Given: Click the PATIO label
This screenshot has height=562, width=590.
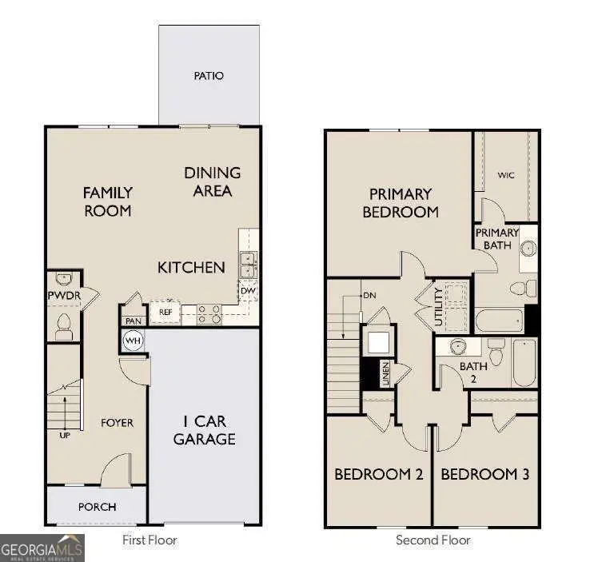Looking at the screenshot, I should [x=209, y=76].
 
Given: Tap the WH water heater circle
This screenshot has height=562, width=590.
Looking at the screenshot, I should [x=133, y=341].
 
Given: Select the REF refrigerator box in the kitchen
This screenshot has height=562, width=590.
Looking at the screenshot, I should [x=165, y=313].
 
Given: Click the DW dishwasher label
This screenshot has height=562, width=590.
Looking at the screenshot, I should [x=248, y=291].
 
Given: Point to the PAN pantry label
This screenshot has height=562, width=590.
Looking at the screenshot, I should [x=132, y=321].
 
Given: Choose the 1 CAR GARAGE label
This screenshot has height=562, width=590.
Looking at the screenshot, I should [x=204, y=430].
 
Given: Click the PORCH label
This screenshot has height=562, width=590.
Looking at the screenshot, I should [x=97, y=507].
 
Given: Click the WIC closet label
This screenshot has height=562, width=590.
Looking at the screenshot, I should [x=506, y=174].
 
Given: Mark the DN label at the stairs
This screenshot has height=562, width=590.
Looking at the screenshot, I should [x=369, y=295].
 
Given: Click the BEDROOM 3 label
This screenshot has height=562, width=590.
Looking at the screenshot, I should [x=484, y=474].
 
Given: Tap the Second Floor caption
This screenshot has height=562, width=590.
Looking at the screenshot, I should [x=433, y=540].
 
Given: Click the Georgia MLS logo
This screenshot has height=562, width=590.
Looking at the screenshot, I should [x=42, y=548].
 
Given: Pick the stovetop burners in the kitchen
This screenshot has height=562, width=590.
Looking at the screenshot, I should [x=209, y=313].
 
